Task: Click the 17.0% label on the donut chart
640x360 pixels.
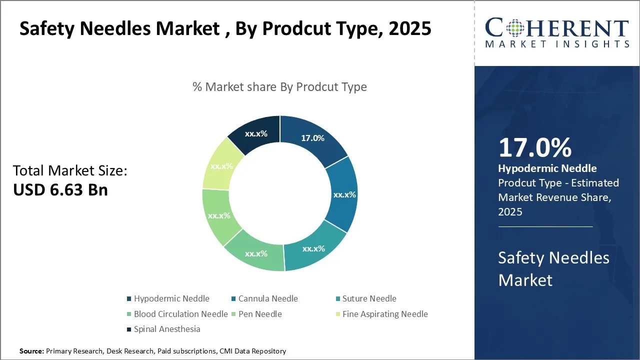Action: [312, 138]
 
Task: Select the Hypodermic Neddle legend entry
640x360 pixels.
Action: [171, 298]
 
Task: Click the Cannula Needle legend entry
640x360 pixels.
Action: [268, 298]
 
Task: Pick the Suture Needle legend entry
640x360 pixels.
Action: [369, 298]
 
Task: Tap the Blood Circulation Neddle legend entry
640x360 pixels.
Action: [180, 314]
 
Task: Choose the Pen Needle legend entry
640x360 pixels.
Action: [260, 314]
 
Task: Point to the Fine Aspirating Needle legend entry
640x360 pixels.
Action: [385, 314]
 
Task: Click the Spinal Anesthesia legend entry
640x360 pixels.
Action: [167, 329]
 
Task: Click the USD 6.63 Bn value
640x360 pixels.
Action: [60, 190]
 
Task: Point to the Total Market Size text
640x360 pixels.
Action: [70, 171]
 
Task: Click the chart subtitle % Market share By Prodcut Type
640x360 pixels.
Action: [279, 87]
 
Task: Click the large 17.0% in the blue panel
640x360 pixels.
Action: [535, 148]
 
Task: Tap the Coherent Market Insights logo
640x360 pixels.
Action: [557, 33]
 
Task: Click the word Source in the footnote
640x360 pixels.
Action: [31, 351]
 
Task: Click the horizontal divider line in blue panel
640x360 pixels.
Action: [545, 226]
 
